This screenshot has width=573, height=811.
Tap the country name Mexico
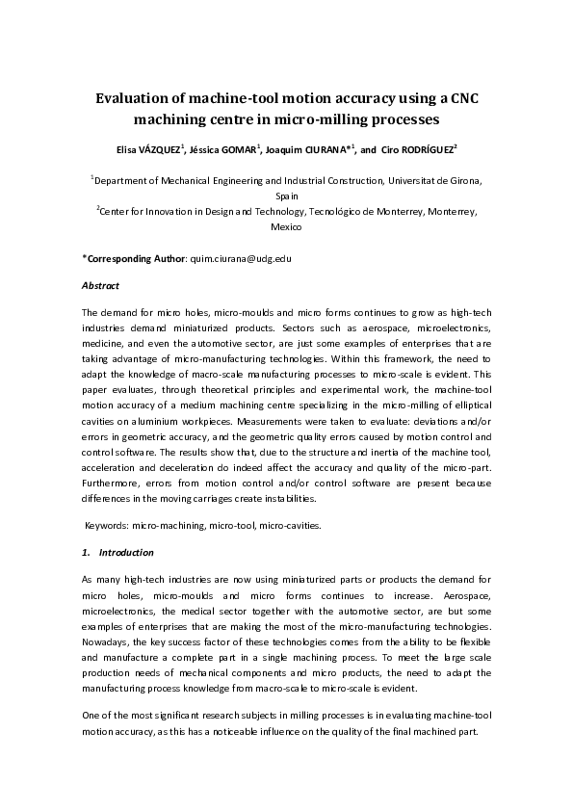pos(287,227)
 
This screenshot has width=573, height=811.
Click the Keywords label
pos(105,526)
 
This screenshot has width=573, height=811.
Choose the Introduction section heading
pos(125,553)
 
